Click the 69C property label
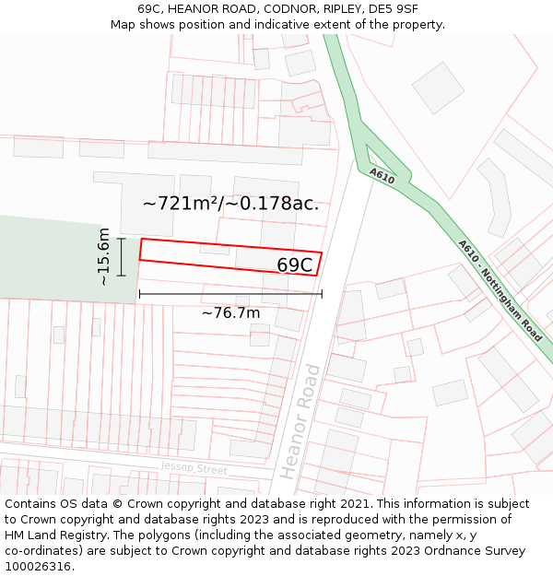click(295, 265)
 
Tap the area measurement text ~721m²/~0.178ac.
click(231, 204)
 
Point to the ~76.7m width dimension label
click(230, 313)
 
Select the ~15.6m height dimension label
click(104, 256)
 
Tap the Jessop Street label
click(194, 468)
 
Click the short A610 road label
click(382, 175)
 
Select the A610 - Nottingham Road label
click(501, 290)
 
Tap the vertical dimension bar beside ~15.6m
click(122, 256)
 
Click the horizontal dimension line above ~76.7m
click(230, 294)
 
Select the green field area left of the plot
click(55, 258)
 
